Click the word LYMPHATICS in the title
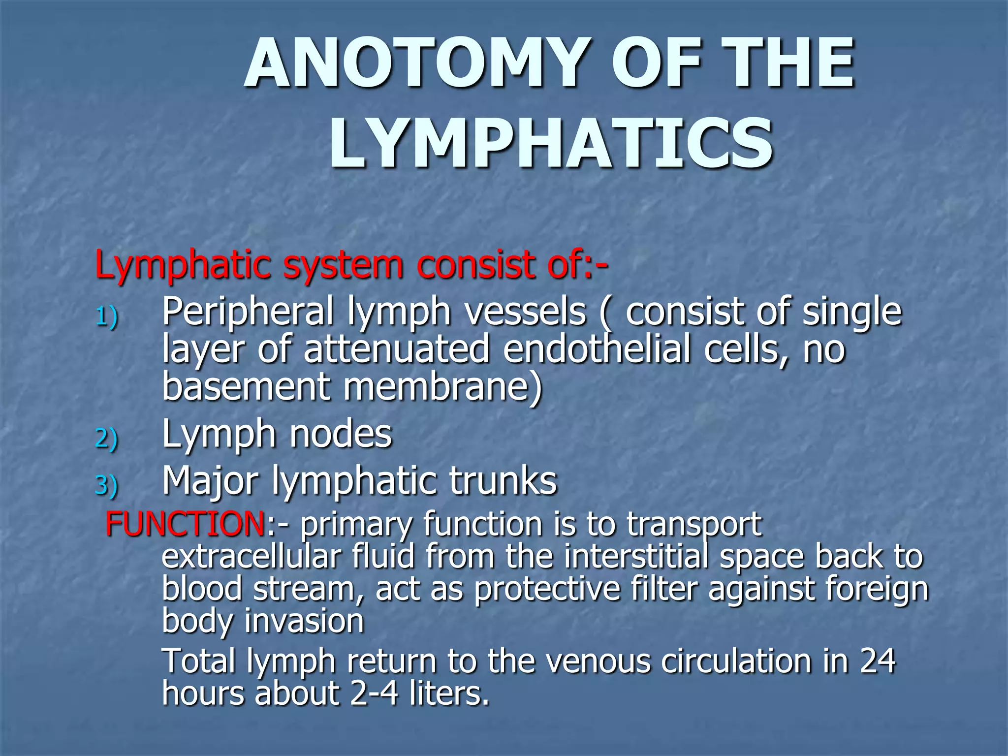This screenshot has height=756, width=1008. click(550, 144)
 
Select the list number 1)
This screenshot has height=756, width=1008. click(106, 316)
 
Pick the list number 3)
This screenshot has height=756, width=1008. click(106, 485)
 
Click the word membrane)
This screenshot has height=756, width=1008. click(442, 387)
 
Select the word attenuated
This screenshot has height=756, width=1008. click(396, 349)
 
